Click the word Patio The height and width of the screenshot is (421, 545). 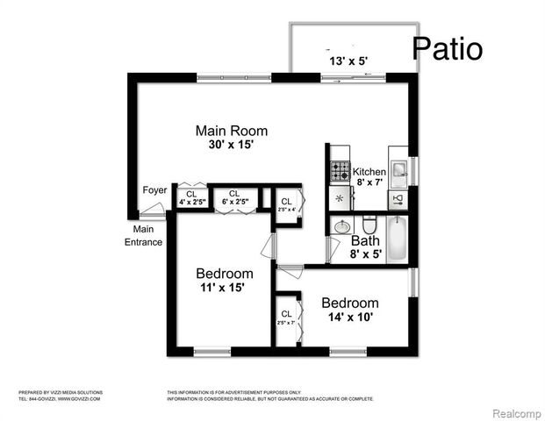447,48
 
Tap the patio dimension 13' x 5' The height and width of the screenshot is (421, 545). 349,61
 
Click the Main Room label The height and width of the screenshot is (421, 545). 231,132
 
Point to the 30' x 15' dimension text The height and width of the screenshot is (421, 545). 231,145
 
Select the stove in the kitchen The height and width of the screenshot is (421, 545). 340,171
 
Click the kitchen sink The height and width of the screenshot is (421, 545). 397,168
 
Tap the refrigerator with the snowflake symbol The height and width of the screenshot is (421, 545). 340,198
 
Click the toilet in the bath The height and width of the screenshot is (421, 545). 369,224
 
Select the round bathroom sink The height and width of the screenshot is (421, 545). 341,226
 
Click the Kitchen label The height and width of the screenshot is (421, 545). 369,172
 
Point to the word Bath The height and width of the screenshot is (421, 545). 365,241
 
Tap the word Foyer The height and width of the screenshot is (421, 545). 154,190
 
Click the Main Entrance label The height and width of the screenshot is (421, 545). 143,236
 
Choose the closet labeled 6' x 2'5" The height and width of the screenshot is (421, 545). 233,198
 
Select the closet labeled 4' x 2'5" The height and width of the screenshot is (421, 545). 191,198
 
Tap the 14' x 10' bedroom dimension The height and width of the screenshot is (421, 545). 349,317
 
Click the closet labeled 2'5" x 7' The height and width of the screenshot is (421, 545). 287,318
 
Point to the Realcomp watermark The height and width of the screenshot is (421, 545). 515,412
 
